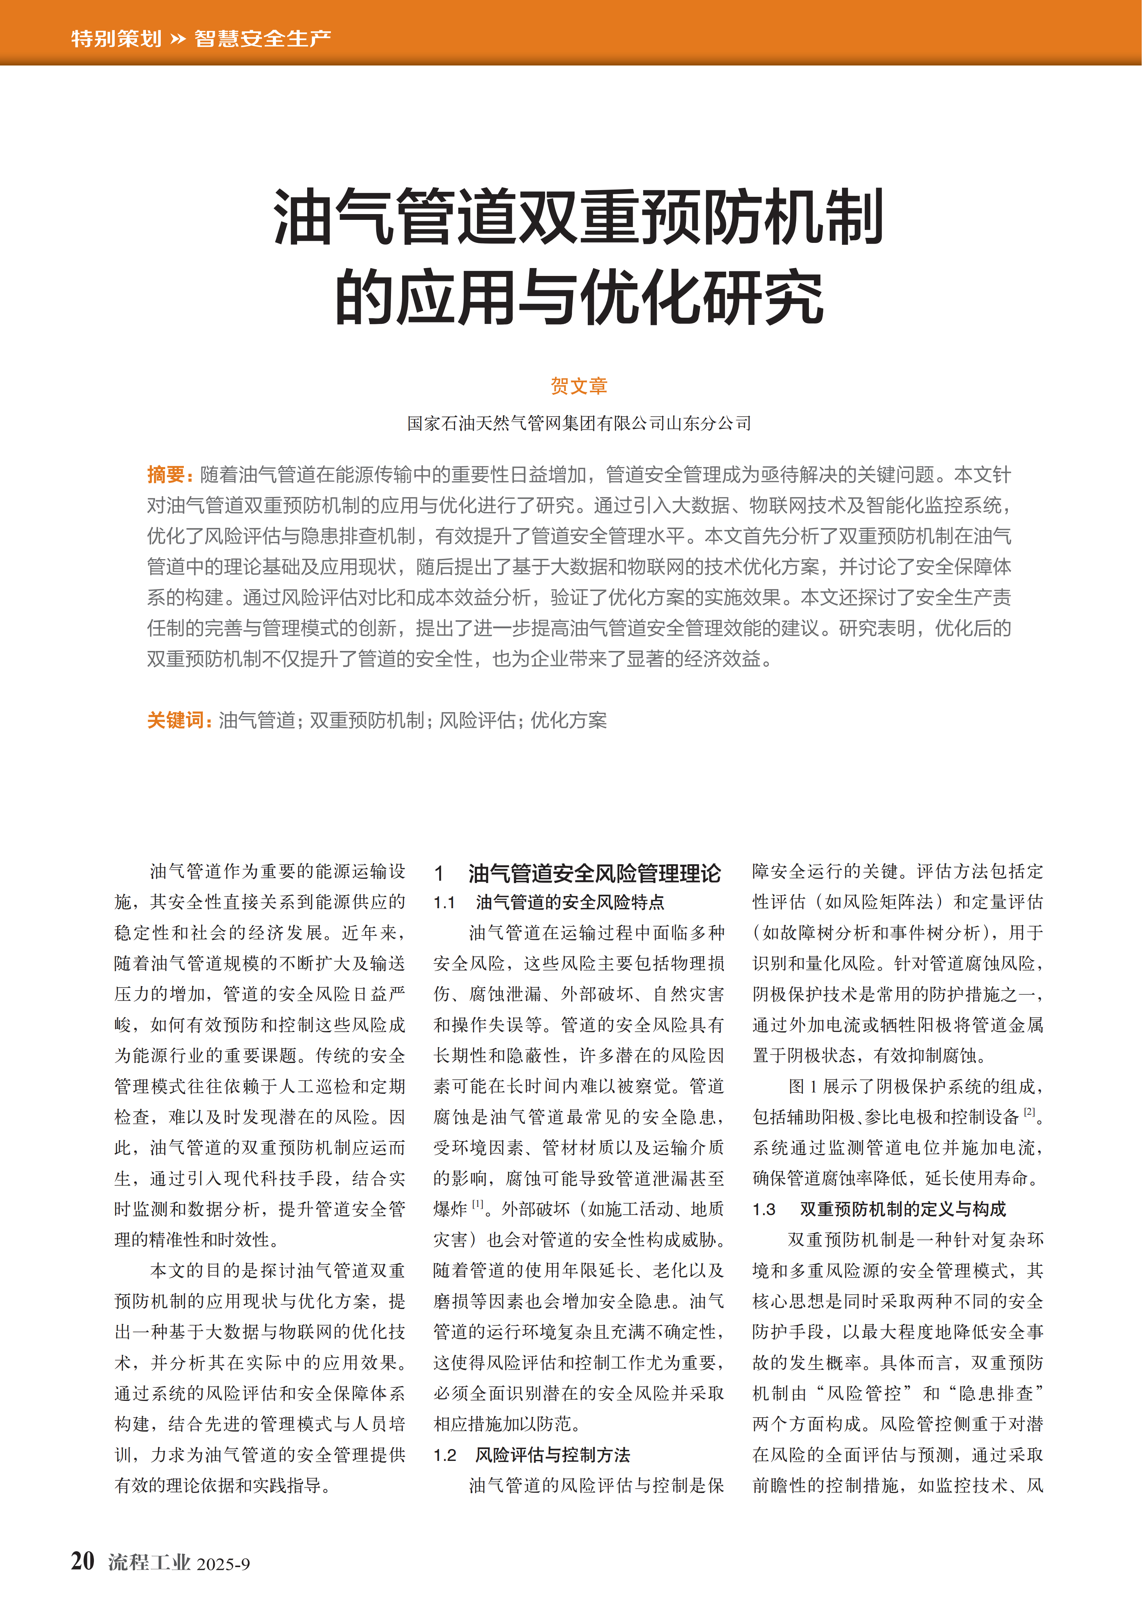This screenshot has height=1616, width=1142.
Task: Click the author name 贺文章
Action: pyautogui.click(x=578, y=386)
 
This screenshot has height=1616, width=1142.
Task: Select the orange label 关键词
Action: pyautogui.click(x=176, y=720)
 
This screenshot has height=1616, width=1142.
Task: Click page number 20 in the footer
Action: pyautogui.click(x=83, y=1561)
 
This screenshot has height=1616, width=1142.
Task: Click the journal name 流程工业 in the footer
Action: pyautogui.click(x=149, y=1562)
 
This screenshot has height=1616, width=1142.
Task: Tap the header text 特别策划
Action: pyautogui.click(x=116, y=38)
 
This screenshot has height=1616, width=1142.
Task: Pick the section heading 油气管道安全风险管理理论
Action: pyautogui.click(x=595, y=873)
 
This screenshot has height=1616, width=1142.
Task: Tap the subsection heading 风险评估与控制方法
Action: pyautogui.click(x=552, y=1455)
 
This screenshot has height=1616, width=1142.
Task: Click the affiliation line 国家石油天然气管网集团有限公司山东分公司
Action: pyautogui.click(x=578, y=423)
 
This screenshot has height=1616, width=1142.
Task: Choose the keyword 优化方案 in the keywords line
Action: pyautogui.click(x=569, y=720)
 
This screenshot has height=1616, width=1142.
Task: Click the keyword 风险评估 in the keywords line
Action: pyautogui.click(x=477, y=720)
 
